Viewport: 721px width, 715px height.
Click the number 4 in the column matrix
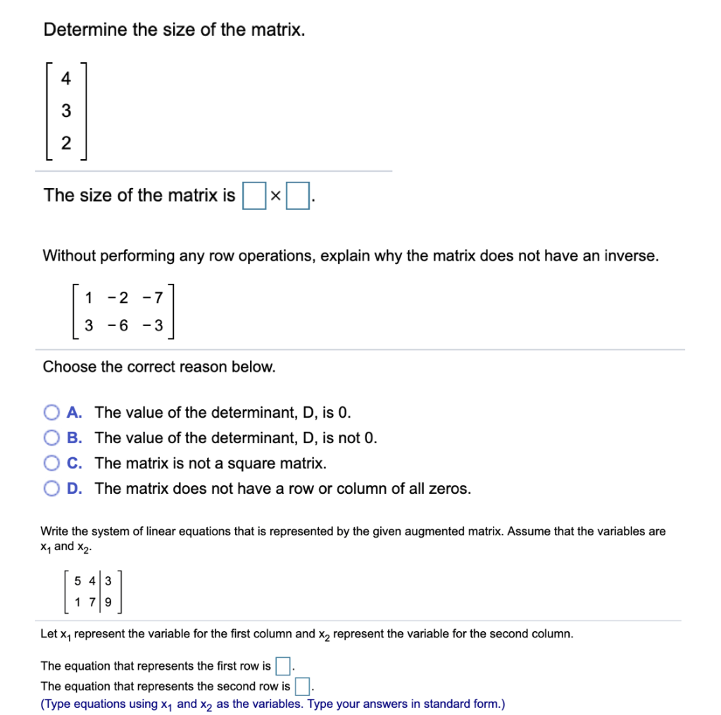click(x=65, y=79)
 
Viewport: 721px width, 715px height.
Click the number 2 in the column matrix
click(x=65, y=143)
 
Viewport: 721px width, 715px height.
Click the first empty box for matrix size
click(x=253, y=196)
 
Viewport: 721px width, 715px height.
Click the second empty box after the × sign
click(x=299, y=196)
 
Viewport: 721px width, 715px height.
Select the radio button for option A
click(x=51, y=412)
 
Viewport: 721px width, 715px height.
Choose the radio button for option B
click(x=51, y=437)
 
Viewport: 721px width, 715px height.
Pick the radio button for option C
click(x=51, y=463)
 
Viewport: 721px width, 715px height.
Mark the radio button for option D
click(x=51, y=488)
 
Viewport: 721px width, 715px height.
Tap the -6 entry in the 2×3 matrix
click(x=118, y=326)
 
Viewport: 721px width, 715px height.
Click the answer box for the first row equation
click(x=282, y=666)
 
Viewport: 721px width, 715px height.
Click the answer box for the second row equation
click(x=302, y=685)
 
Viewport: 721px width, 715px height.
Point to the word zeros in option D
click(x=449, y=488)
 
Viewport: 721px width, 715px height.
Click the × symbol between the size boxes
click(x=275, y=197)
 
